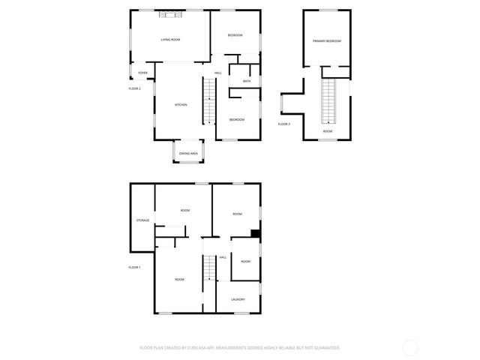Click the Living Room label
170,39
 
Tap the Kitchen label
181,105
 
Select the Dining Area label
188,154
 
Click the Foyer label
142,73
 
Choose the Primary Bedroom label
328,41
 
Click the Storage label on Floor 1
142,220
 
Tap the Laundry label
238,300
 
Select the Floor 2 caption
135,88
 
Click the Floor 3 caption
284,124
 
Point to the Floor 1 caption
134,267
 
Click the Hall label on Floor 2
217,73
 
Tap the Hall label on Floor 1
223,257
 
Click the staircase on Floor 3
328,101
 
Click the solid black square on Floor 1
256,233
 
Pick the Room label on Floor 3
328,131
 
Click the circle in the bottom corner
410,348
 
